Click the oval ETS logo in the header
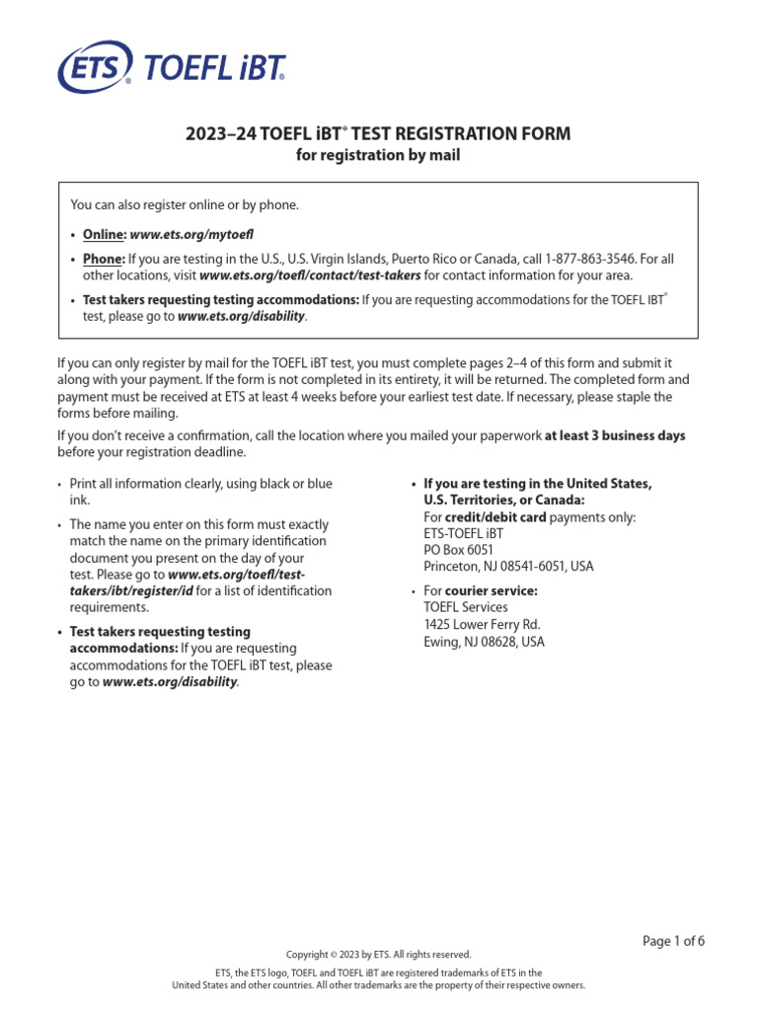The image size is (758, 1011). pyautogui.click(x=94, y=68)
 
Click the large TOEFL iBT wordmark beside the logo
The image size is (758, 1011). pyautogui.click(x=214, y=68)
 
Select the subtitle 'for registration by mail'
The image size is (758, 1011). pyautogui.click(x=378, y=155)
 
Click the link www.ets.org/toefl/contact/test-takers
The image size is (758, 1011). pyautogui.click(x=310, y=275)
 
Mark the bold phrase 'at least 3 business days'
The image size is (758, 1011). pyautogui.click(x=615, y=435)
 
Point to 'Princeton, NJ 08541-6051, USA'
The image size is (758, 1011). pyautogui.click(x=508, y=567)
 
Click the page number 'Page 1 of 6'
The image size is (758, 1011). pyautogui.click(x=673, y=941)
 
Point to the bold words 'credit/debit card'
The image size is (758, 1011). pyautogui.click(x=486, y=517)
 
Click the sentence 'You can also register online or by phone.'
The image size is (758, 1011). pyautogui.click(x=184, y=204)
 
